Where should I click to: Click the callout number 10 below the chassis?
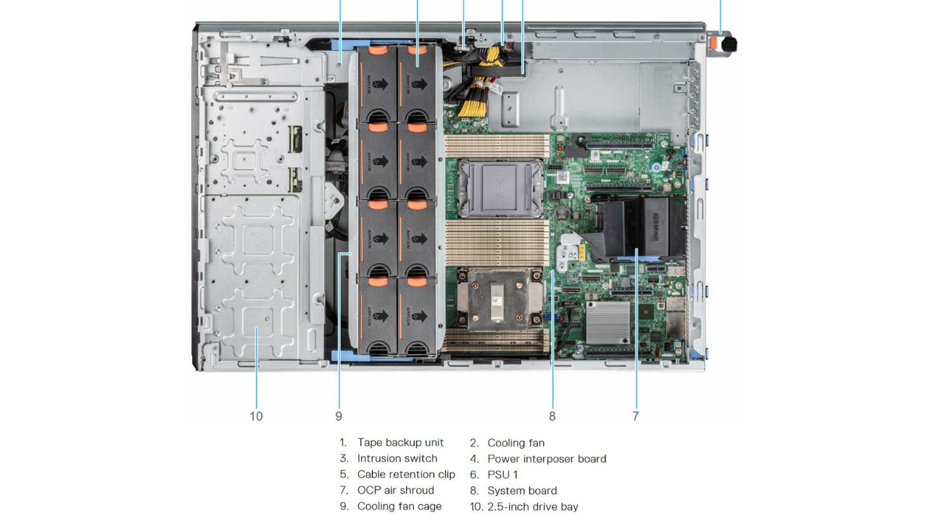click(256, 416)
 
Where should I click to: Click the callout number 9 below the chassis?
click(339, 416)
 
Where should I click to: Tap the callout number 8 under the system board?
click(552, 416)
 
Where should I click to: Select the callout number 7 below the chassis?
click(636, 416)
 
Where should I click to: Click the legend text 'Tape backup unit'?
click(400, 442)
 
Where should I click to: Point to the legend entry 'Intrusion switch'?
click(397, 458)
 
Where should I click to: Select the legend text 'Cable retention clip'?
click(406, 474)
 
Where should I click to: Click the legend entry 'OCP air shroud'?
click(395, 490)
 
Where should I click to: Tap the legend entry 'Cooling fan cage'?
click(399, 506)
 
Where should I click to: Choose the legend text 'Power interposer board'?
click(547, 458)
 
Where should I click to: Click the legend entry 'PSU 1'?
click(502, 474)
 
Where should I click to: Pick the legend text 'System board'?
click(522, 490)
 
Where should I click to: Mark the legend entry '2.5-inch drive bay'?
click(533, 506)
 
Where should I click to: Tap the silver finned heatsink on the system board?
click(608, 321)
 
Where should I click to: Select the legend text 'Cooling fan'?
click(515, 442)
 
